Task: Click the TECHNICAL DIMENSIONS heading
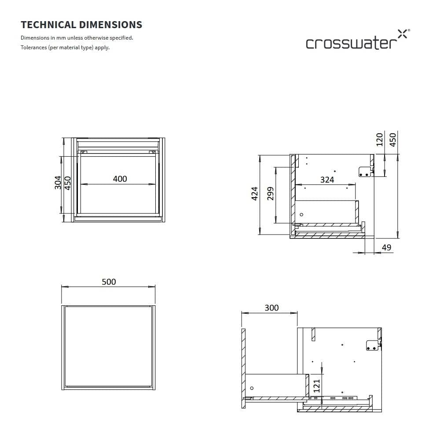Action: tap(81, 25)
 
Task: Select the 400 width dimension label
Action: tap(120, 179)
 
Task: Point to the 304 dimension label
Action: tap(58, 182)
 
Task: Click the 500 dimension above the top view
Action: tap(109, 282)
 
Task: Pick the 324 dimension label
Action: tap(327, 180)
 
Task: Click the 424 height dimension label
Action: tap(254, 193)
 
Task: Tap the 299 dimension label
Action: tap(271, 194)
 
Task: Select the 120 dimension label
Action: tap(380, 139)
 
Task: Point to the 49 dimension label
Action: tap(386, 248)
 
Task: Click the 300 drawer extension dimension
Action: tap(271, 308)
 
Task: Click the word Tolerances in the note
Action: tap(33, 48)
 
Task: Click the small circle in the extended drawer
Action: tap(252, 389)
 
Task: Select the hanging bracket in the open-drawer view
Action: tap(373, 345)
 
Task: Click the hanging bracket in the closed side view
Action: tap(366, 171)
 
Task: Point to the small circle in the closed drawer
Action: tap(301, 215)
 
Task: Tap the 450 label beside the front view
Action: tap(68, 182)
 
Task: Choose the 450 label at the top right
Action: tap(393, 139)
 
